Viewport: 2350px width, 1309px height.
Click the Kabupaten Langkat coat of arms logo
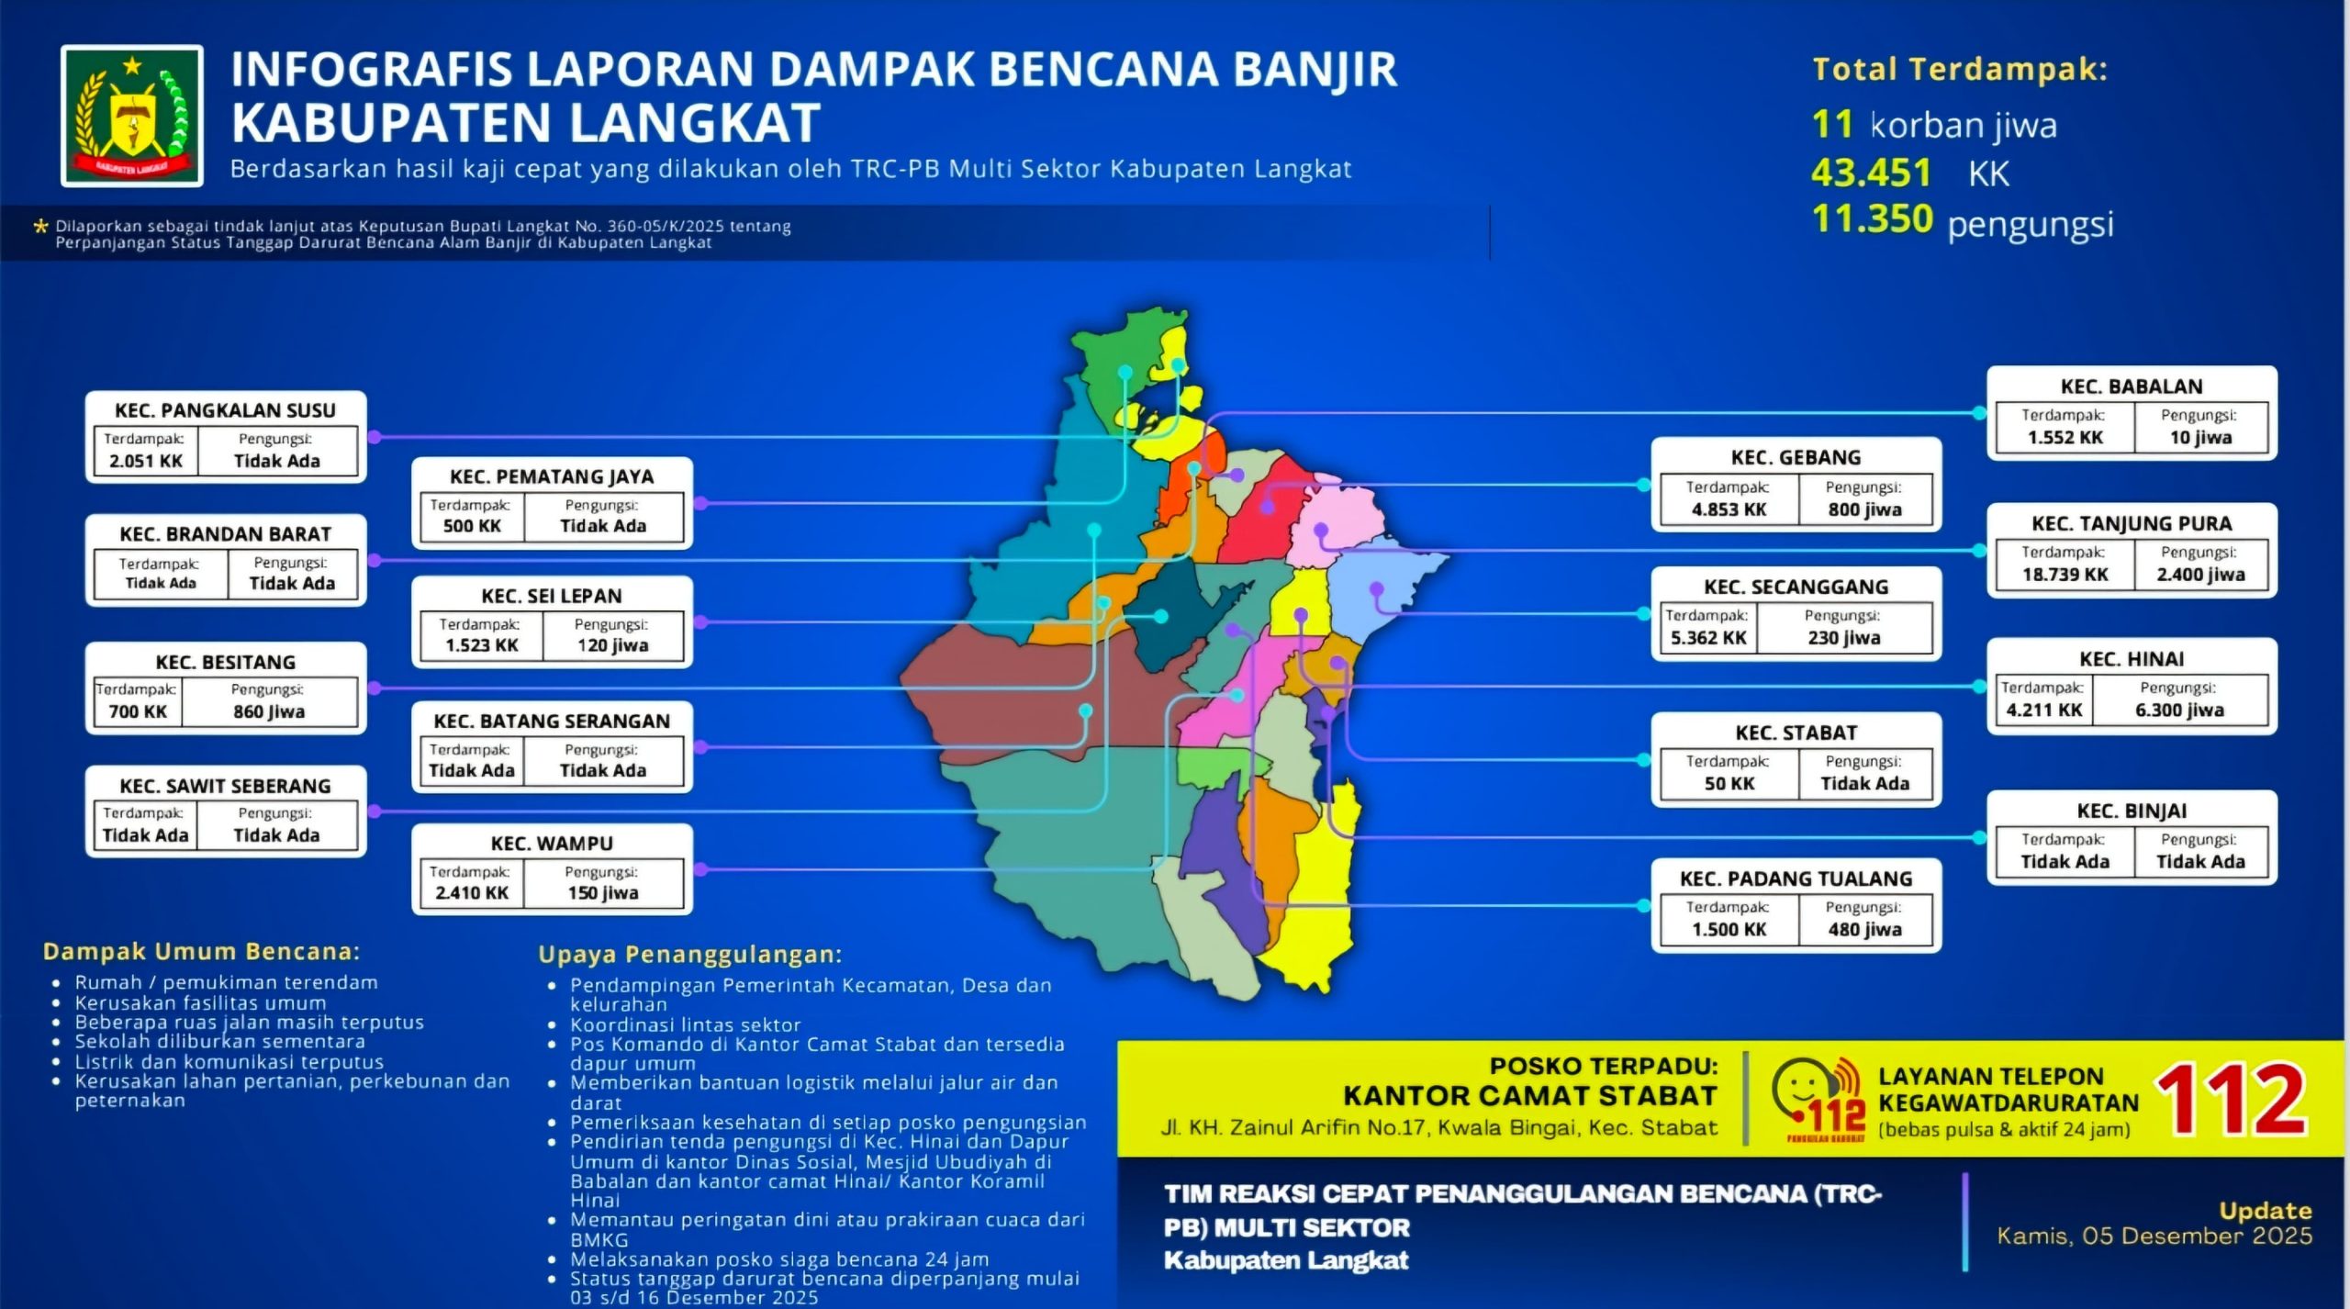[132, 116]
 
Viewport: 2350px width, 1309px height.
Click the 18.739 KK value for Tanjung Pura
[2065, 575]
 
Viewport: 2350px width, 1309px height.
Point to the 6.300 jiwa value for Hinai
[2178, 710]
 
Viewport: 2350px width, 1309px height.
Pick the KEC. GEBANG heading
[1796, 457]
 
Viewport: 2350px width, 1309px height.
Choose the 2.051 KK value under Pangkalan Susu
[146, 461]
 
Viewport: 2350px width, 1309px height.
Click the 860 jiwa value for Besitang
[268, 711]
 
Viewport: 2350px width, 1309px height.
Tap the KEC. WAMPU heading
[552, 843]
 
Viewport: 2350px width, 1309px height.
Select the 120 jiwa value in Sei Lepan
[612, 645]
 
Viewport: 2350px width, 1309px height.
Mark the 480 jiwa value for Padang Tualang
[1864, 929]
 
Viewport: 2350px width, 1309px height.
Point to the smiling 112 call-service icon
[1818, 1098]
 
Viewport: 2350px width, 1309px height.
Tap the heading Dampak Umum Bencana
[202, 951]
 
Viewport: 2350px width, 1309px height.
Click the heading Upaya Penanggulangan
[689, 955]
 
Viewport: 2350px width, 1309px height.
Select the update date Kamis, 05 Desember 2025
[2154, 1236]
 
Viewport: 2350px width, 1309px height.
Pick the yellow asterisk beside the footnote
[40, 226]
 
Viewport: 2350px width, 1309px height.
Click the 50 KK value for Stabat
[1729, 784]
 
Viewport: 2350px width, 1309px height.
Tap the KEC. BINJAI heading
[2132, 811]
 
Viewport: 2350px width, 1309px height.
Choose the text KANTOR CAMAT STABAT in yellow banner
[1529, 1095]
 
